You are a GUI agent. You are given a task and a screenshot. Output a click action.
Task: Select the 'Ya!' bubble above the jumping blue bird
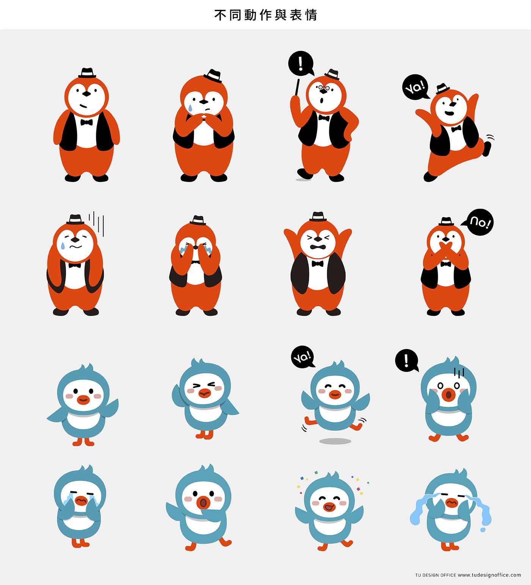(x=303, y=357)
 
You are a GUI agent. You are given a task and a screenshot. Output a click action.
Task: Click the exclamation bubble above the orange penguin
(x=301, y=63)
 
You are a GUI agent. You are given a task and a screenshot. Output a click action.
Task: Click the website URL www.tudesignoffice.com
(x=489, y=575)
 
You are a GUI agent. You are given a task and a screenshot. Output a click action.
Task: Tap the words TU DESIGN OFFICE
(x=435, y=575)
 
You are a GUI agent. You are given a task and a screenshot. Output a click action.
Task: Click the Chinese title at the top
(x=265, y=15)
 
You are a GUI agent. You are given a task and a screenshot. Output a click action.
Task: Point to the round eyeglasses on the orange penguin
(x=324, y=88)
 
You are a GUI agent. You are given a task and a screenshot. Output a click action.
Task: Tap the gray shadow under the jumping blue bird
(x=335, y=441)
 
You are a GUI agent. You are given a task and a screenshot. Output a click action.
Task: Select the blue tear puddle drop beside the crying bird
(x=483, y=530)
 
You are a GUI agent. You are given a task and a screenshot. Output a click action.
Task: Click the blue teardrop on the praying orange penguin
(x=189, y=108)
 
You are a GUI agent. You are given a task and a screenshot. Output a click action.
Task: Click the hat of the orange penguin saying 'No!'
(x=446, y=222)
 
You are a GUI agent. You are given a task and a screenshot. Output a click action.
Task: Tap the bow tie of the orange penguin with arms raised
(x=317, y=264)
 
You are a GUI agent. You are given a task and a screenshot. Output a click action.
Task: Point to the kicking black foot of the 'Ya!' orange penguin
(x=487, y=148)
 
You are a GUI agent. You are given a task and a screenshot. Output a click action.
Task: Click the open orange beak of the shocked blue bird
(x=448, y=395)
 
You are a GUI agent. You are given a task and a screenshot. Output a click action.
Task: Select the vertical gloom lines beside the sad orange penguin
(x=97, y=223)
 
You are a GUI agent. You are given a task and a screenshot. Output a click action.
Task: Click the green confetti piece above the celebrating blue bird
(x=316, y=473)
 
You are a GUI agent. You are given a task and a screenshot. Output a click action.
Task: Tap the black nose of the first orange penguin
(x=87, y=94)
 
